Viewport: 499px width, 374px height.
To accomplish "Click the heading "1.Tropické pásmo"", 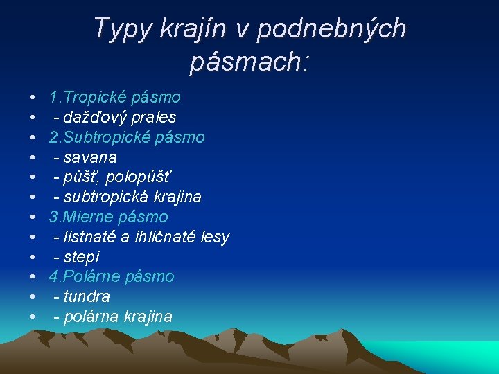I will [114, 97].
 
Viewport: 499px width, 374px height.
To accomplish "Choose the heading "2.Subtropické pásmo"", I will [127, 137].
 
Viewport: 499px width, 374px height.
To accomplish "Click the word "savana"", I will [90, 157].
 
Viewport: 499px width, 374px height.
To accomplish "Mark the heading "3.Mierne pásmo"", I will [108, 217].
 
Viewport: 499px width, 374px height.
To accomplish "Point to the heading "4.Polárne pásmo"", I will [112, 277].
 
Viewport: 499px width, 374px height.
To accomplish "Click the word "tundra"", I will [86, 296].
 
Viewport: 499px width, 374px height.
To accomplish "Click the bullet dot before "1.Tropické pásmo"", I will [33, 98].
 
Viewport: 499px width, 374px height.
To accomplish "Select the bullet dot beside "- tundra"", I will [33, 297].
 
